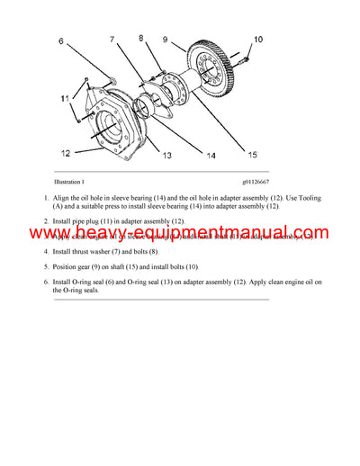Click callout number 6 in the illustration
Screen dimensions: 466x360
[61, 41]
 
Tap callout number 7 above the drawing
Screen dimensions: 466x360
[112, 40]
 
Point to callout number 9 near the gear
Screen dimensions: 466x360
[165, 40]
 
